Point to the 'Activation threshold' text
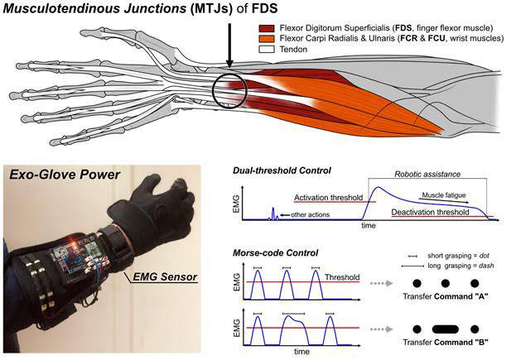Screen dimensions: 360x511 point(330,198)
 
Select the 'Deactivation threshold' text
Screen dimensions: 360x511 point(433,212)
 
